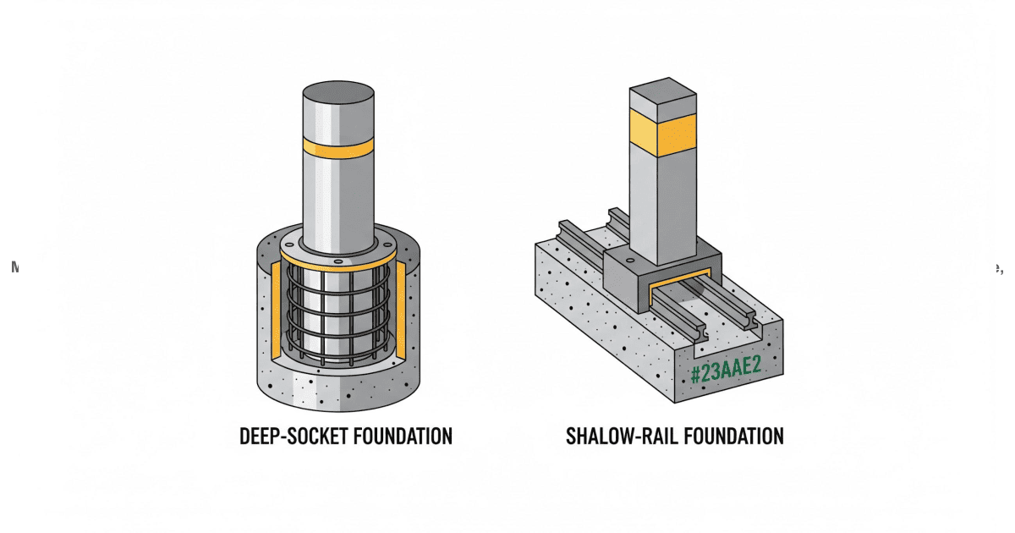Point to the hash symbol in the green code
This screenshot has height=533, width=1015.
695,374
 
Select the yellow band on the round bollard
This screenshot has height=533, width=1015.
338,148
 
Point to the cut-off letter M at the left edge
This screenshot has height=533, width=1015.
14,266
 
